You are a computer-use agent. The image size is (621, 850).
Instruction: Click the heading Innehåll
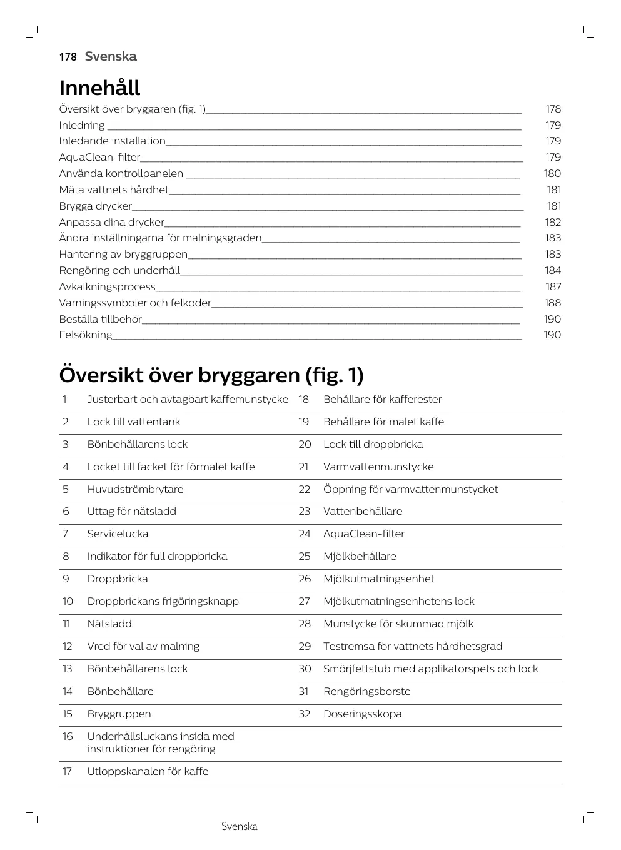(x=99, y=88)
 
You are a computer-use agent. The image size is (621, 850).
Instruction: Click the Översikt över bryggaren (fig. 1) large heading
(x=211, y=375)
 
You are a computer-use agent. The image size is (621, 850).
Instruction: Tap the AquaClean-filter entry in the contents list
(x=100, y=158)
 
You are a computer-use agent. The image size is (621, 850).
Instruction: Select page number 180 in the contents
(x=552, y=174)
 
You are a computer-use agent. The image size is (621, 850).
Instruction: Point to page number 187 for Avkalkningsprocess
(x=553, y=287)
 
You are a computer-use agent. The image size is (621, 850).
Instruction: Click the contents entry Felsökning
(x=86, y=335)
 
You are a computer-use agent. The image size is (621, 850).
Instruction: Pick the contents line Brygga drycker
(x=96, y=206)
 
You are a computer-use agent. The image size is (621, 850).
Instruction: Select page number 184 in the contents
(x=552, y=271)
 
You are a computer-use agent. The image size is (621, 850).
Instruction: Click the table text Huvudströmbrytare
(x=135, y=489)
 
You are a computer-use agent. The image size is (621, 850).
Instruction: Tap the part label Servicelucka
(x=118, y=534)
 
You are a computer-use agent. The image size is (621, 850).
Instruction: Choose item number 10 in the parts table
(x=68, y=602)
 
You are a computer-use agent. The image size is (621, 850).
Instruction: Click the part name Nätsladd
(x=109, y=624)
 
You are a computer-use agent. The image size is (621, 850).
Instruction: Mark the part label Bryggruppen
(x=119, y=714)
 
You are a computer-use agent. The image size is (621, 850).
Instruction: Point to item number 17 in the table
(x=67, y=772)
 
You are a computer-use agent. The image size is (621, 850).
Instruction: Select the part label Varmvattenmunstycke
(x=378, y=467)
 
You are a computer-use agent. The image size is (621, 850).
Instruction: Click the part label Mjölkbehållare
(x=360, y=557)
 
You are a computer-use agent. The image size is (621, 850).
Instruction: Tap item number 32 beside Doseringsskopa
(x=305, y=714)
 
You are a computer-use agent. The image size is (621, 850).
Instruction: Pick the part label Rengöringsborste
(x=367, y=692)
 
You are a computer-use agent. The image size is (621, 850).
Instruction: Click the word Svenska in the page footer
(x=239, y=827)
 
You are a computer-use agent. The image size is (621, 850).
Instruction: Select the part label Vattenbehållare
(x=363, y=512)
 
